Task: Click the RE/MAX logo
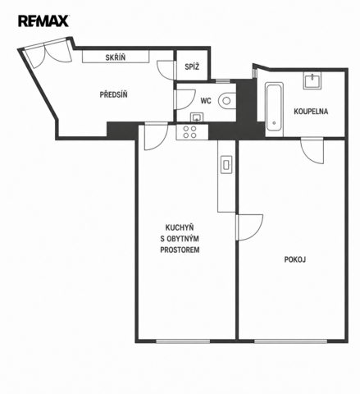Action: click(43, 21)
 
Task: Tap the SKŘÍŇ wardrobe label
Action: click(116, 57)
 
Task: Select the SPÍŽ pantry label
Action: click(192, 66)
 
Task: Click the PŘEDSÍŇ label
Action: click(113, 95)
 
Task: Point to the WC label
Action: click(206, 101)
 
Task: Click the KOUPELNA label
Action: click(311, 112)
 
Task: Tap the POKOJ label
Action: click(295, 259)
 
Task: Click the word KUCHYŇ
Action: click(180, 227)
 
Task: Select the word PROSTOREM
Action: click(180, 250)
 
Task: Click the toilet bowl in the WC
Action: click(227, 101)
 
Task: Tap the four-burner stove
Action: click(189, 132)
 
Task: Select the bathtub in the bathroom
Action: click(274, 110)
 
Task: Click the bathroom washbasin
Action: click(312, 80)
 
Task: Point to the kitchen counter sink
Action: click(226, 165)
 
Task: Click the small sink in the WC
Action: click(197, 117)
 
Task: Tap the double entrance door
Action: click(48, 53)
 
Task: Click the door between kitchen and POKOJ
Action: click(249, 227)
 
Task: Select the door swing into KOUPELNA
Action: click(312, 151)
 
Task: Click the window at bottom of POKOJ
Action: click(290, 341)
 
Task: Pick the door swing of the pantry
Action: click(166, 70)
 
